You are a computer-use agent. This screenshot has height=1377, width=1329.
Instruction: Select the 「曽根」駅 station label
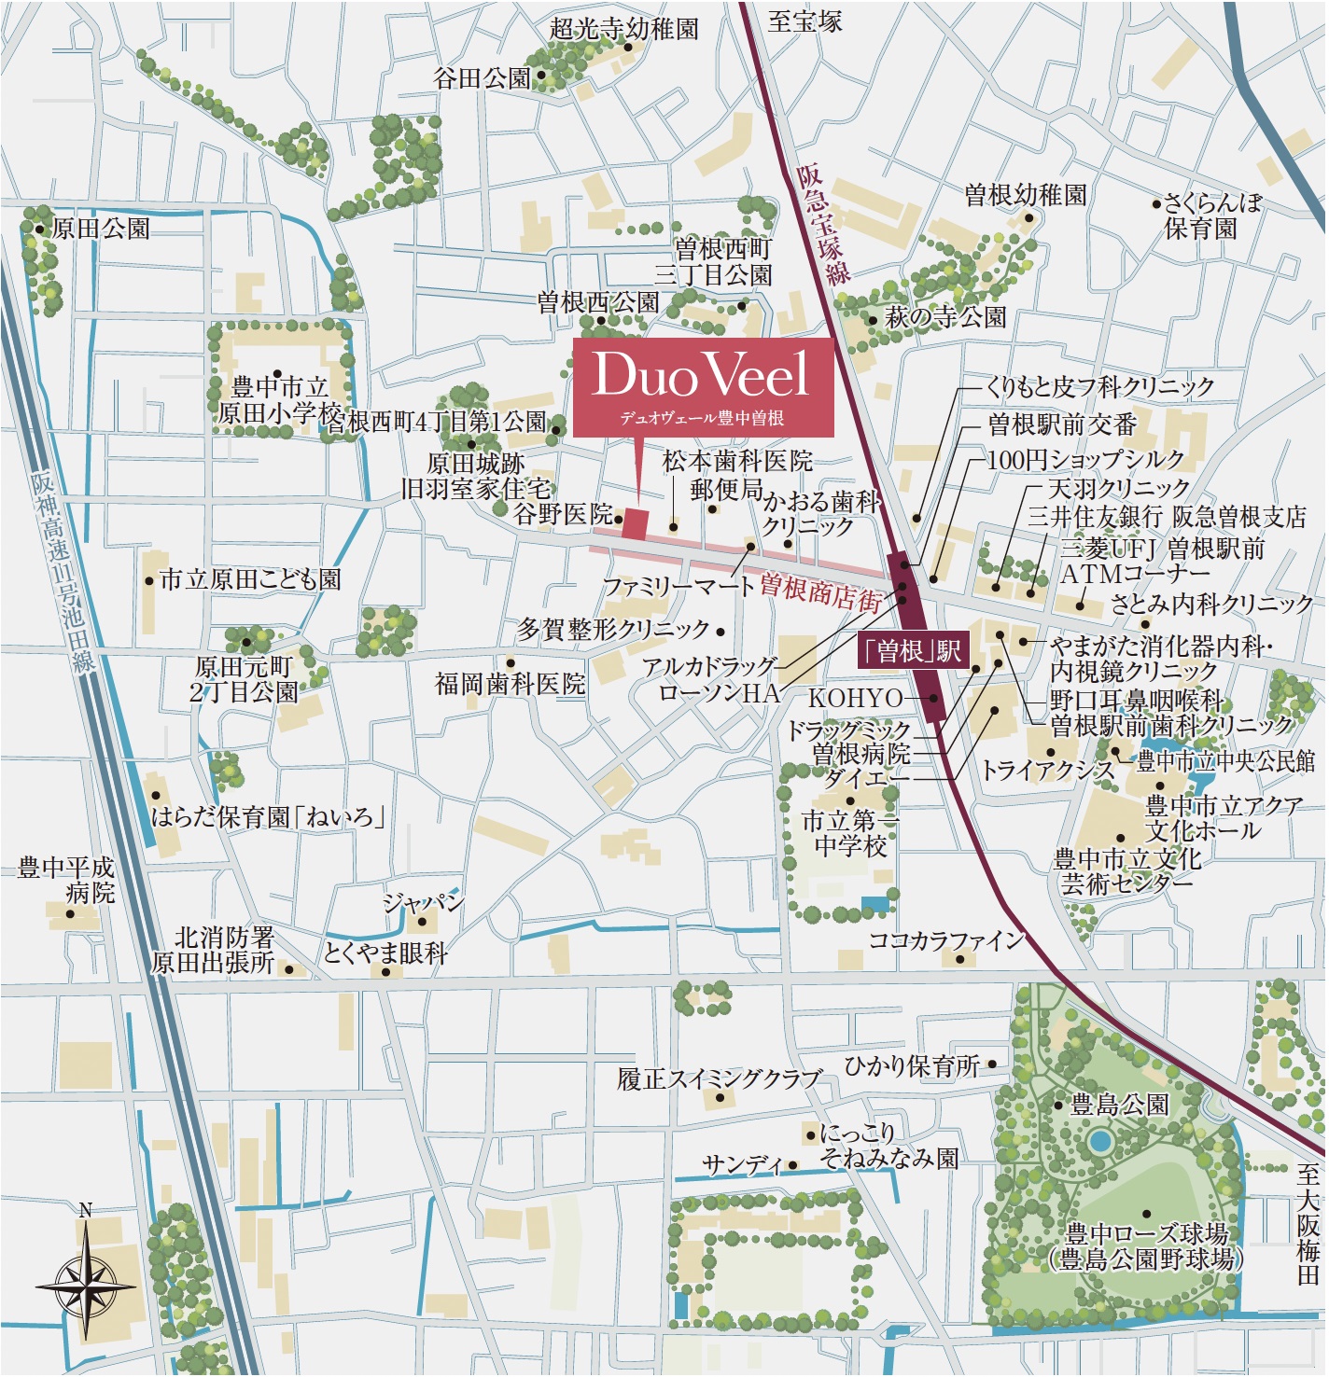pyautogui.click(x=913, y=650)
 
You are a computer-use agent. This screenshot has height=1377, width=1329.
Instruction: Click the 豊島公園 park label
pyautogui.click(x=1119, y=1106)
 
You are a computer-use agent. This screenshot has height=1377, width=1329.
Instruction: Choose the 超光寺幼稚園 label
pyautogui.click(x=623, y=29)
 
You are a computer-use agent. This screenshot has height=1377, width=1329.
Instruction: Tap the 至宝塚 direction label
pyautogui.click(x=804, y=21)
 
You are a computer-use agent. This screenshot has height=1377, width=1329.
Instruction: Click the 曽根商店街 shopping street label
pyautogui.click(x=820, y=591)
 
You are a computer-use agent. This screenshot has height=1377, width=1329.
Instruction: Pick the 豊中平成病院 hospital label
pyautogui.click(x=67, y=880)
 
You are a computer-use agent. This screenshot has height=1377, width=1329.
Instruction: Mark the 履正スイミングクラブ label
pyautogui.click(x=719, y=1079)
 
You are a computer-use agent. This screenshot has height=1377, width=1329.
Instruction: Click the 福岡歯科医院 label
pyautogui.click(x=510, y=684)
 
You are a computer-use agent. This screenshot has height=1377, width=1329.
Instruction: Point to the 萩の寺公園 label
pyautogui.click(x=945, y=317)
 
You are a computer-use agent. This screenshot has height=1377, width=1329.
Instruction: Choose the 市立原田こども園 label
pyautogui.click(x=250, y=579)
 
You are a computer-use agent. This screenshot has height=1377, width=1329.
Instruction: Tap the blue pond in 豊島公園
pyautogui.click(x=1100, y=1141)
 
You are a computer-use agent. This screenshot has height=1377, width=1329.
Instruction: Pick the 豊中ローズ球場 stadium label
pyautogui.click(x=1146, y=1246)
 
